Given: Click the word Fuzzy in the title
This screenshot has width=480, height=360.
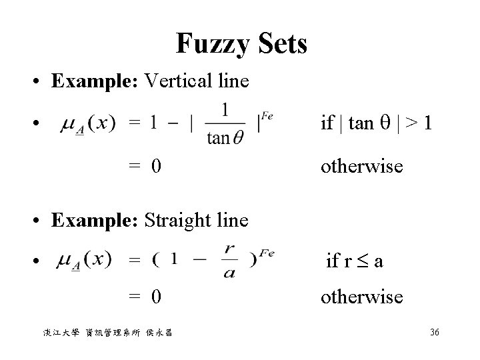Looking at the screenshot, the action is click(x=210, y=45).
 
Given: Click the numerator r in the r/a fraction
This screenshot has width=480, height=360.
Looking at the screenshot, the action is click(x=230, y=248).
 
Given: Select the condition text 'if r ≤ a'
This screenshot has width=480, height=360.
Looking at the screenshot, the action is click(x=353, y=261).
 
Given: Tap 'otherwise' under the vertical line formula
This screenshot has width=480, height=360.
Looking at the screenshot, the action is click(x=361, y=165).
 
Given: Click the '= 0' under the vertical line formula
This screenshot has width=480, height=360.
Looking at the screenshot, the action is click(x=145, y=165).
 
